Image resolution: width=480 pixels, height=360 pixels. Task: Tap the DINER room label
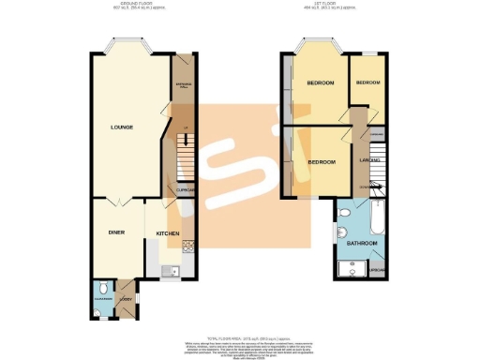(x=117, y=232)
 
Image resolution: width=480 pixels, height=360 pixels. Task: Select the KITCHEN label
(x=168, y=232)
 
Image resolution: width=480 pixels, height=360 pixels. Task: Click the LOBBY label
(x=126, y=299)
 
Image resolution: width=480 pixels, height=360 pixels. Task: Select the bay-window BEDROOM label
(x=321, y=83)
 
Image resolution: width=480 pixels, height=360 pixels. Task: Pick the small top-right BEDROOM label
(x=367, y=83)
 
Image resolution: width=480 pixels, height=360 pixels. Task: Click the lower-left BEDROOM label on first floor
(x=322, y=160)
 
